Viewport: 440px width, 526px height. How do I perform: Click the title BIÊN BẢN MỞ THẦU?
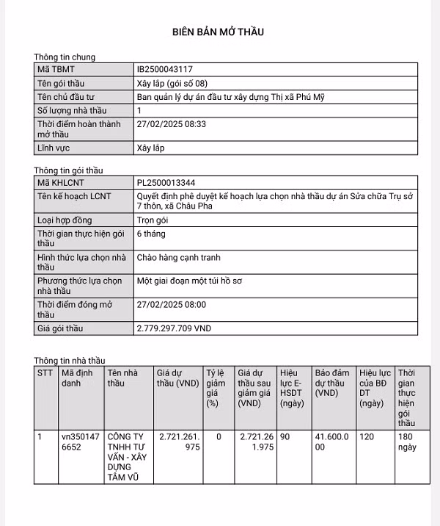tap(218, 32)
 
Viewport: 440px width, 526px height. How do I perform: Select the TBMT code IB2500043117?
tap(165, 69)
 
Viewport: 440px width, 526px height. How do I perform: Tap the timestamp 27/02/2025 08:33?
tap(172, 124)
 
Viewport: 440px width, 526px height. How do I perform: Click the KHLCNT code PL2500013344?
tap(166, 182)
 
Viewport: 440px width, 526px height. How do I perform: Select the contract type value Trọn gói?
tap(153, 220)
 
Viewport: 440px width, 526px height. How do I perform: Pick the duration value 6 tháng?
tap(151, 234)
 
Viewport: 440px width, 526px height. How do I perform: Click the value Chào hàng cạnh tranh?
tap(178, 257)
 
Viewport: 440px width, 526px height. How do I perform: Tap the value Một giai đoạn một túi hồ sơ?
tap(190, 281)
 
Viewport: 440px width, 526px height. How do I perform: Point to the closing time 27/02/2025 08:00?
tap(172, 304)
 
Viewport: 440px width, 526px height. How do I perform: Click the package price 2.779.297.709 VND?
tap(174, 328)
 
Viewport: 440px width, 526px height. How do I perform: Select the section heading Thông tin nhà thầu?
tap(70, 361)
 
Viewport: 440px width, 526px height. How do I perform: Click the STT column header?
tap(45, 372)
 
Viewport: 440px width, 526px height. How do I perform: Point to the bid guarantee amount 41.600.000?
tap(334, 442)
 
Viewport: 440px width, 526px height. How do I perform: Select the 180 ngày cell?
tap(407, 442)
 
